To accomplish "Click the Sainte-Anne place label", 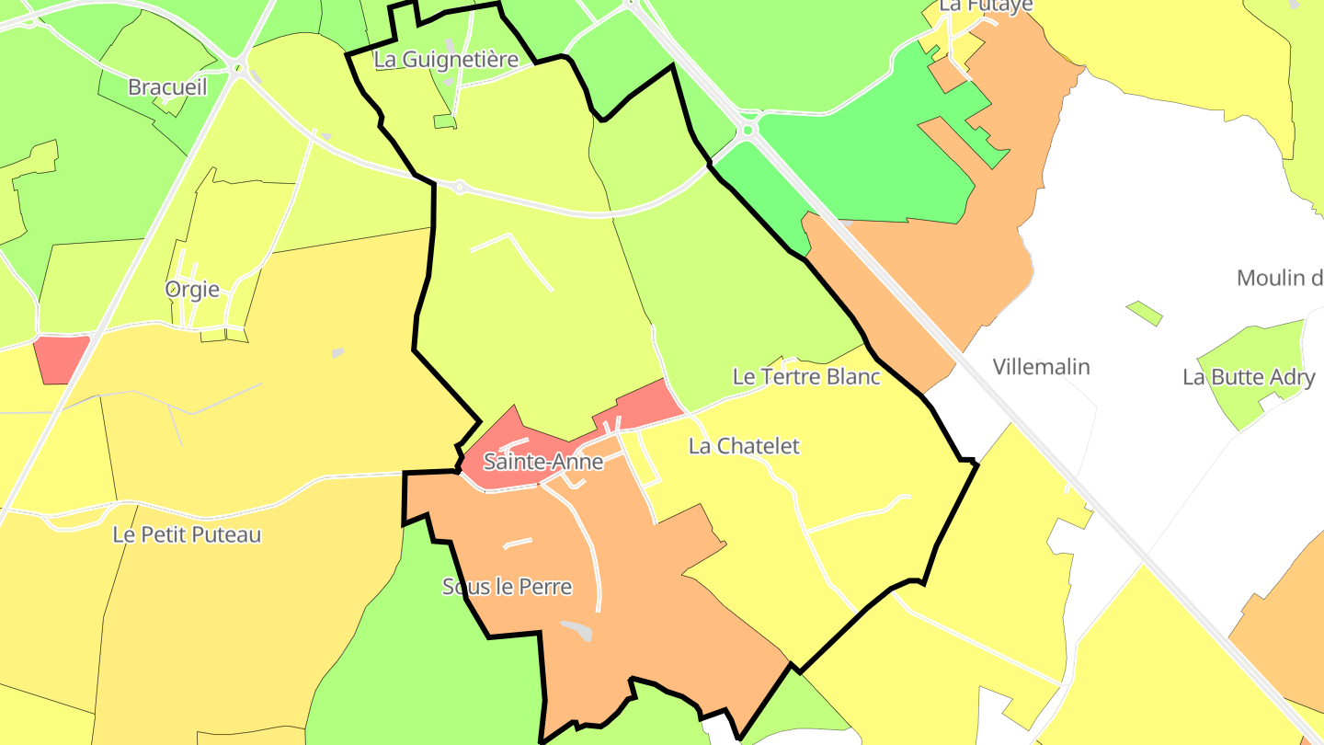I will pyautogui.click(x=542, y=462).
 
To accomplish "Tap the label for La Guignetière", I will pyautogui.click(x=446, y=60).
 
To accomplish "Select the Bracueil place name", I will pyautogui.click(x=167, y=87).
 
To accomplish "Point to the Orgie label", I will pyautogui.click(x=192, y=290).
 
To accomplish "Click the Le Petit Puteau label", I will pyautogui.click(x=187, y=534).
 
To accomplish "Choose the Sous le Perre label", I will pyautogui.click(x=507, y=587).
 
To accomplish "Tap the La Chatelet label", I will pyautogui.click(x=744, y=446).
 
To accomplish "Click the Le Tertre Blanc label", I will pyautogui.click(x=806, y=376).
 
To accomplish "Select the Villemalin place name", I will pyautogui.click(x=1041, y=367).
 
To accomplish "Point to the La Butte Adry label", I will pyautogui.click(x=1249, y=377).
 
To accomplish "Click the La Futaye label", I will pyautogui.click(x=986, y=6).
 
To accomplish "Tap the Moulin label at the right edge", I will pyautogui.click(x=1280, y=278).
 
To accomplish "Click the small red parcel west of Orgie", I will pyautogui.click(x=61, y=359).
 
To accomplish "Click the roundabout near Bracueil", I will pyautogui.click(x=239, y=66).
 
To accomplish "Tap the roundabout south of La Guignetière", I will pyautogui.click(x=460, y=188).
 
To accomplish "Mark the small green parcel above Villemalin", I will pyautogui.click(x=1145, y=313).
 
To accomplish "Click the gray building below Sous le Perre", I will pyautogui.click(x=577, y=630).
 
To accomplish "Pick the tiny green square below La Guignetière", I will pyautogui.click(x=444, y=121).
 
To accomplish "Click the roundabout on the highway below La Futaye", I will pyautogui.click(x=747, y=130).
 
